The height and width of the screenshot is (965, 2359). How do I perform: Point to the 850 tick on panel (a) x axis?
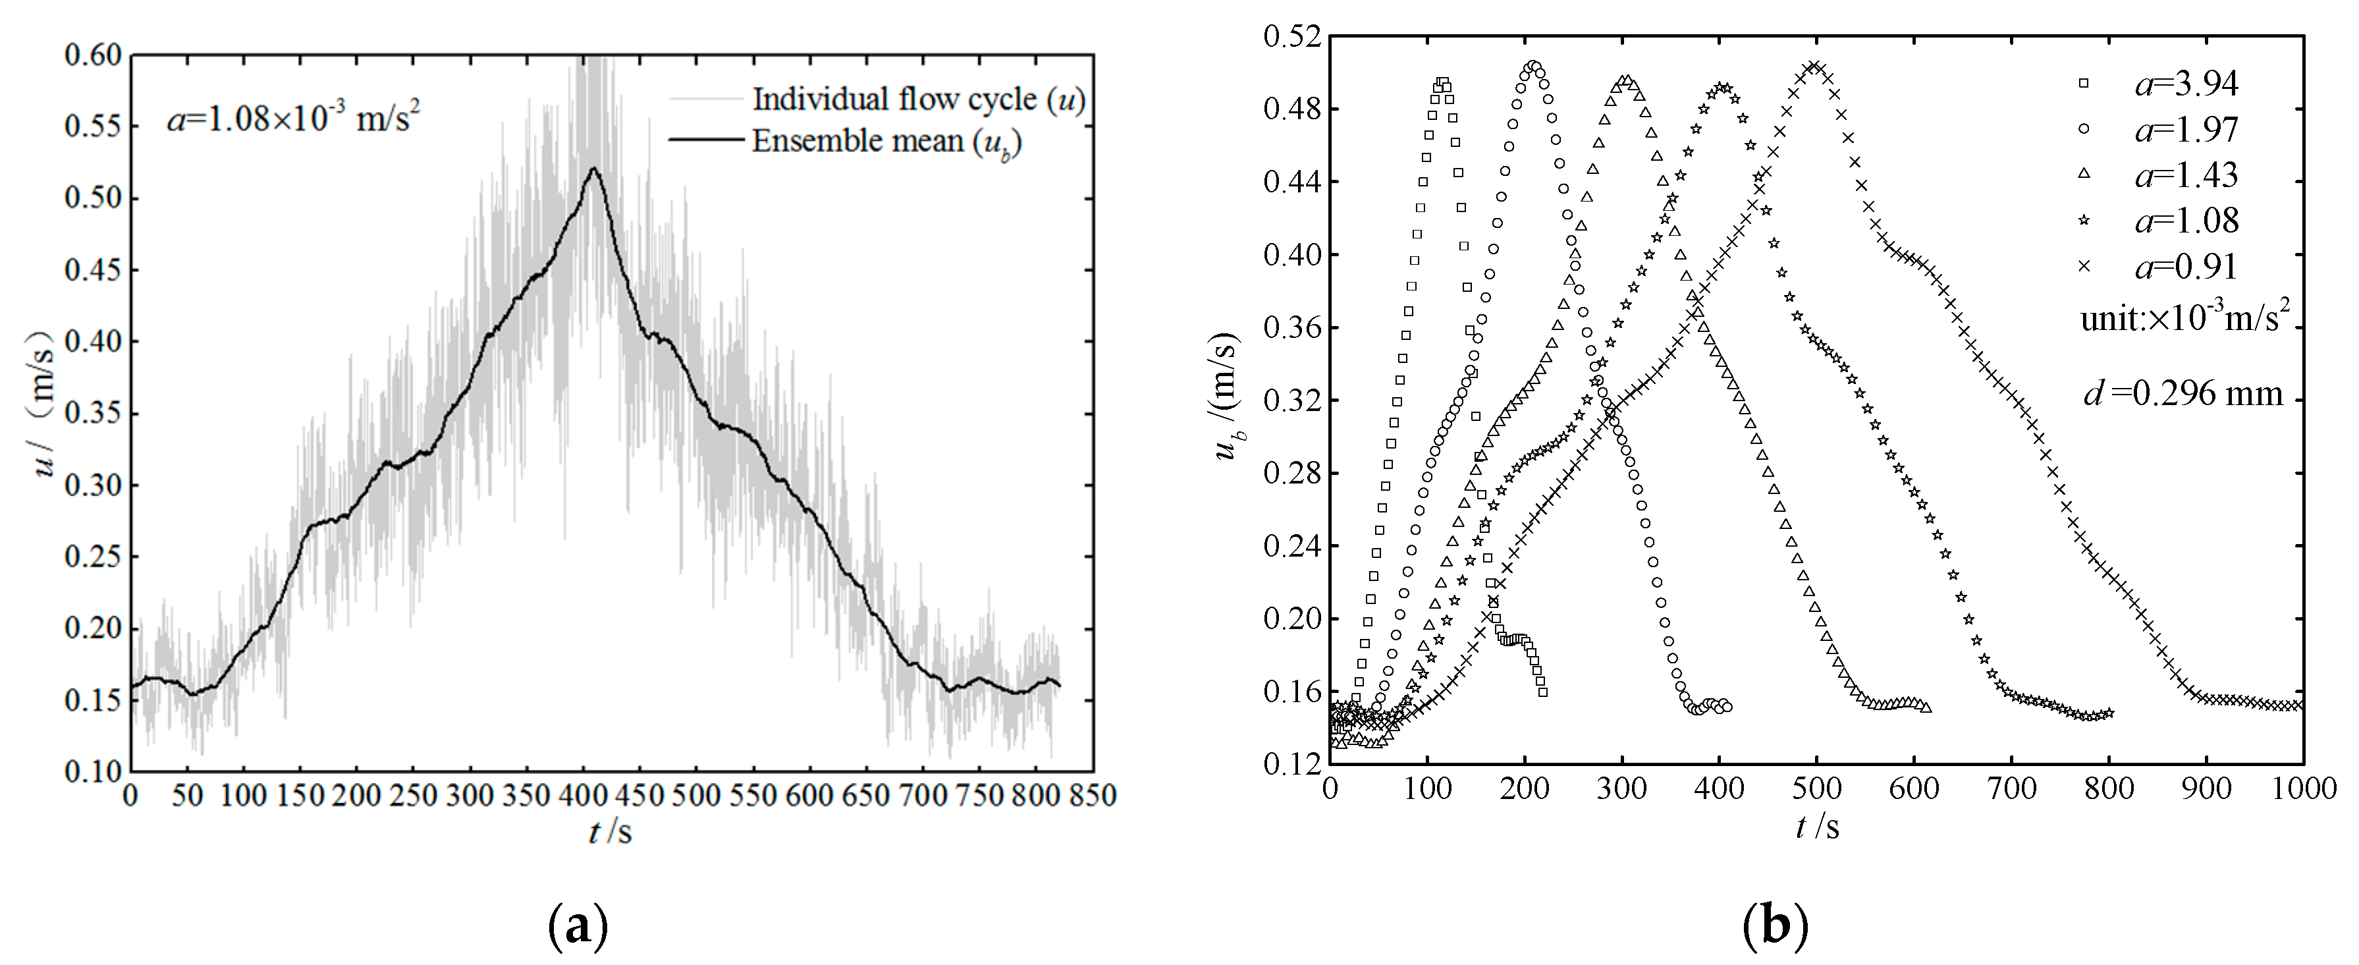point(1093,794)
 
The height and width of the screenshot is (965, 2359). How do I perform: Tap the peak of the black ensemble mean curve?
point(594,169)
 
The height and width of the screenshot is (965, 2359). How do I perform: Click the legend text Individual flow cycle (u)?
point(917,99)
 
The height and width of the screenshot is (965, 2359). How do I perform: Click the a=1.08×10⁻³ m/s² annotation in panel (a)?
point(293,119)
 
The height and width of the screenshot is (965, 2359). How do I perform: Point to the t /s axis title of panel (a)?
point(610,831)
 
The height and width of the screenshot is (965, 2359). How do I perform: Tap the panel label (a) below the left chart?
point(577,927)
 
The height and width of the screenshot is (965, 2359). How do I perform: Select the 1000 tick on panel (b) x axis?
point(2302,787)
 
